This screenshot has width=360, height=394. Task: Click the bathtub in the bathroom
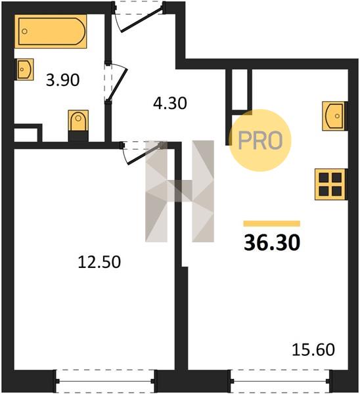click(51, 31)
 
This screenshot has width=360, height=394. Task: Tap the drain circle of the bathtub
click(24, 32)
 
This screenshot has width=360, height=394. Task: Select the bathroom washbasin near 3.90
click(25, 70)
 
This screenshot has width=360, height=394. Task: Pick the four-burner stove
click(330, 185)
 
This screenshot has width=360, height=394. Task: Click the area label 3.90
click(63, 80)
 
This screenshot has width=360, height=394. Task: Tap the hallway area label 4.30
click(170, 103)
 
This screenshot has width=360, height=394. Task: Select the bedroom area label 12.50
click(99, 262)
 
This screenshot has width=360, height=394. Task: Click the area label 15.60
click(313, 350)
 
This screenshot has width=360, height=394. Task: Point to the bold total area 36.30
click(272, 243)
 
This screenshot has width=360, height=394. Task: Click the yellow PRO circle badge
click(260, 141)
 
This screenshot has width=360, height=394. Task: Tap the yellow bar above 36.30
click(272, 223)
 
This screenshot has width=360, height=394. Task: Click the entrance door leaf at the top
click(141, 20)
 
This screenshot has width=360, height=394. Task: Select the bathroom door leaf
click(118, 84)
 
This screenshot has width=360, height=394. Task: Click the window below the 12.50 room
click(106, 381)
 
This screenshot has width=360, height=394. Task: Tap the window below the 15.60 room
click(281, 381)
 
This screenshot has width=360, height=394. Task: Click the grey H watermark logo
click(179, 191)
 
